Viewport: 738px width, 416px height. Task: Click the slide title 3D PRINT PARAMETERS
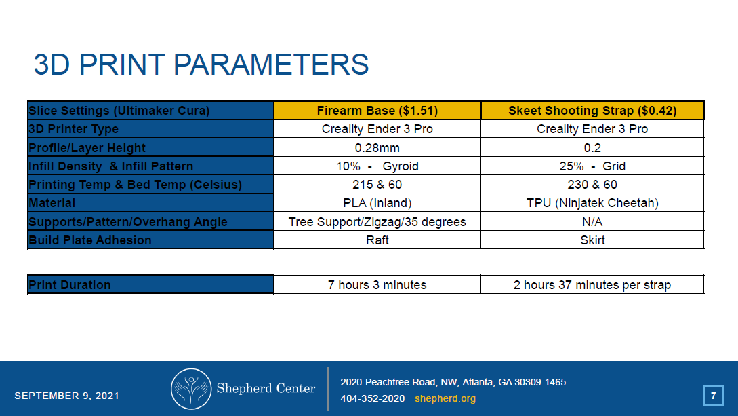201,65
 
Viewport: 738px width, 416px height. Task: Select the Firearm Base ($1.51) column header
377,111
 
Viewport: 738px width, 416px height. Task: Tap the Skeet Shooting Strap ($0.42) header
592,111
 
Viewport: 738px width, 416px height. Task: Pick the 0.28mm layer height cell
377,148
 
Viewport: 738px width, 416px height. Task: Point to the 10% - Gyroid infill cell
377,166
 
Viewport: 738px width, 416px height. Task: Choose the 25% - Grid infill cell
592,166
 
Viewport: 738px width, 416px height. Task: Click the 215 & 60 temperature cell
377,185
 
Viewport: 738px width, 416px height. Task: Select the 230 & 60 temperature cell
592,185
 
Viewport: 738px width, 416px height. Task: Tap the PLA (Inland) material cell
377,203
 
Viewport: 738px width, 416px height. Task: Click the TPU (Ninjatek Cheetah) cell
592,203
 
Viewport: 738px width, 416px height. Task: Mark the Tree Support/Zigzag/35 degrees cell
377,222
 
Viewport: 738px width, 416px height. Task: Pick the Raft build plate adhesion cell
377,240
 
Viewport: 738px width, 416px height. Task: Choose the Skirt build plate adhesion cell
592,240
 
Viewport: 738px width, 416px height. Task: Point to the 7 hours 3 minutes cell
377,285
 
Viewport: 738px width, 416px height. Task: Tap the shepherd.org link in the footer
445,398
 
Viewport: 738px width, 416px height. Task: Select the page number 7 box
712,395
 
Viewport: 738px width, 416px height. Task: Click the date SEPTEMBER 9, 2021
66,396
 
